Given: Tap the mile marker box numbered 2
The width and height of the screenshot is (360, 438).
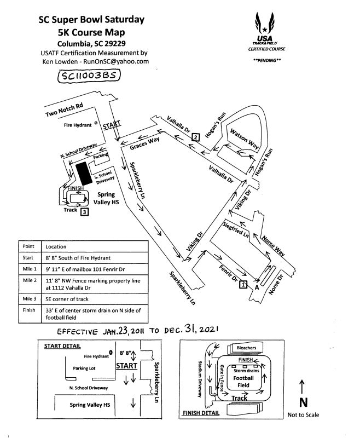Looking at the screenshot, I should click(195, 137).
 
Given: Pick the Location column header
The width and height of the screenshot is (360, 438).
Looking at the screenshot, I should click(56, 247).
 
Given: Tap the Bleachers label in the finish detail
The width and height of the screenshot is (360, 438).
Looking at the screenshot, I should click(246, 348).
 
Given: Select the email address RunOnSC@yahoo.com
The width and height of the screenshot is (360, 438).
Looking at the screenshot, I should click(118, 62).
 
